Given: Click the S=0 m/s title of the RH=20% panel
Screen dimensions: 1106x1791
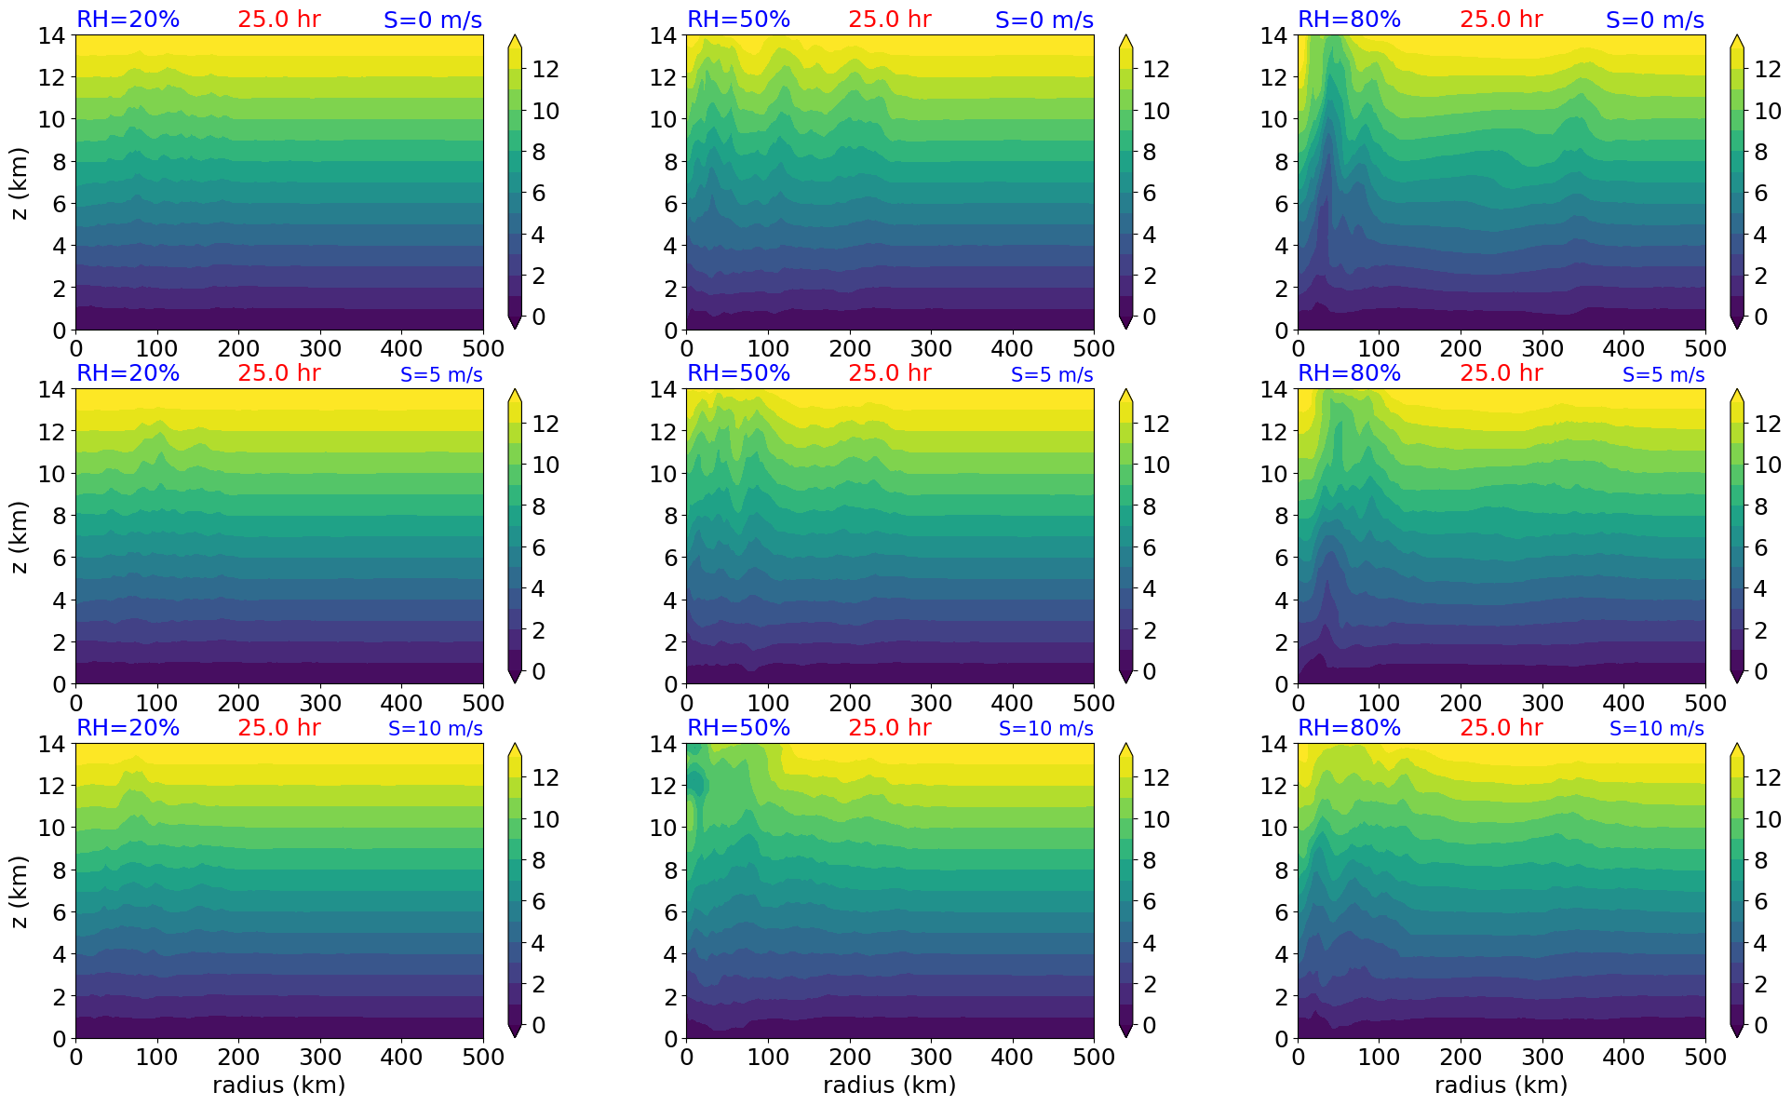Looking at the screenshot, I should [433, 20].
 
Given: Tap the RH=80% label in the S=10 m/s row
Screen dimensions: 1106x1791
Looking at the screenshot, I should [1349, 727].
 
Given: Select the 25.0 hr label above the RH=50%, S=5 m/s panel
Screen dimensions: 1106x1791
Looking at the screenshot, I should [889, 373].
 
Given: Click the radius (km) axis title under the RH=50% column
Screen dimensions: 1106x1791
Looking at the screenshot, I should [889, 1085].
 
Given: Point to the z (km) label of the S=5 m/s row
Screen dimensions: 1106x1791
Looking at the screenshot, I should [20, 536].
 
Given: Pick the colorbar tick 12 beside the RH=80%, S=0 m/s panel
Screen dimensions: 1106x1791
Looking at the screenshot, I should [1767, 69].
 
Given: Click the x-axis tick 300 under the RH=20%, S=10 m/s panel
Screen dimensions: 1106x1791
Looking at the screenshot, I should [320, 1057].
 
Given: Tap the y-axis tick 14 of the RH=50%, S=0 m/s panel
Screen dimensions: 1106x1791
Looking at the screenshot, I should [662, 36].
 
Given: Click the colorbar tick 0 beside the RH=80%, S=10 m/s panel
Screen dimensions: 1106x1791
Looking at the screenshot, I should [1759, 1025].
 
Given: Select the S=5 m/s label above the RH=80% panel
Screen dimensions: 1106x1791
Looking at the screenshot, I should [1663, 374].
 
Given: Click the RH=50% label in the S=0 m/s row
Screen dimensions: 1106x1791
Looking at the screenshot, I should [738, 20].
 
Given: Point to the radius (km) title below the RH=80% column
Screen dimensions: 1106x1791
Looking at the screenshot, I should [1501, 1085].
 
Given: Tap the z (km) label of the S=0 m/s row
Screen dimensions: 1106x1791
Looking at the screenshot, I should [20, 182].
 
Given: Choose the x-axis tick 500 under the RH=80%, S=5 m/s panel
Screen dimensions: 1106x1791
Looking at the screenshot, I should [1705, 703].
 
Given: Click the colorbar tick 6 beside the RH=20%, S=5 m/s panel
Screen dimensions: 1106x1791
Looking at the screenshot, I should [538, 547].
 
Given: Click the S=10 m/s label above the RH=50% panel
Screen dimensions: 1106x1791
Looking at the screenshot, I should [1045, 729].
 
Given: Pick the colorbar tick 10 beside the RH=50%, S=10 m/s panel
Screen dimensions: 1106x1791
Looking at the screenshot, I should [1156, 819].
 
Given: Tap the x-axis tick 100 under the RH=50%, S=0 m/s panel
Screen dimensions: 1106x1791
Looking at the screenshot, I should [768, 349].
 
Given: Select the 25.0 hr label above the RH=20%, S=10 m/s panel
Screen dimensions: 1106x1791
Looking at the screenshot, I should [278, 727].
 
